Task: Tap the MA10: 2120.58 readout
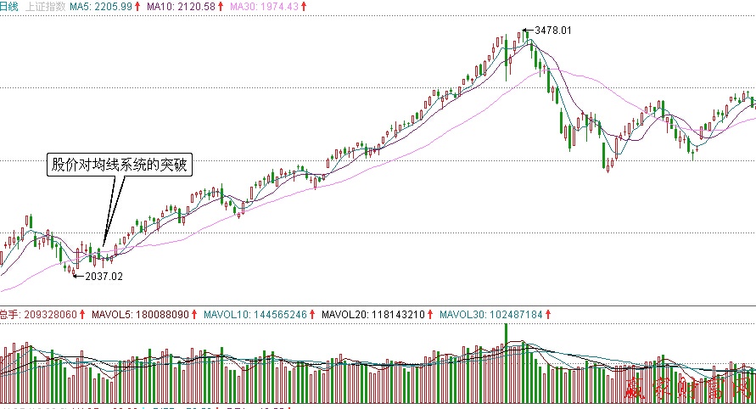(x=178, y=6)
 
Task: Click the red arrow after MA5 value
(x=137, y=6)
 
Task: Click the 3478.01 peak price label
(x=553, y=31)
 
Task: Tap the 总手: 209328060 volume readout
(x=37, y=315)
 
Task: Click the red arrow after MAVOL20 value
(x=430, y=315)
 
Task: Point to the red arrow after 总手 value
(x=81, y=315)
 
